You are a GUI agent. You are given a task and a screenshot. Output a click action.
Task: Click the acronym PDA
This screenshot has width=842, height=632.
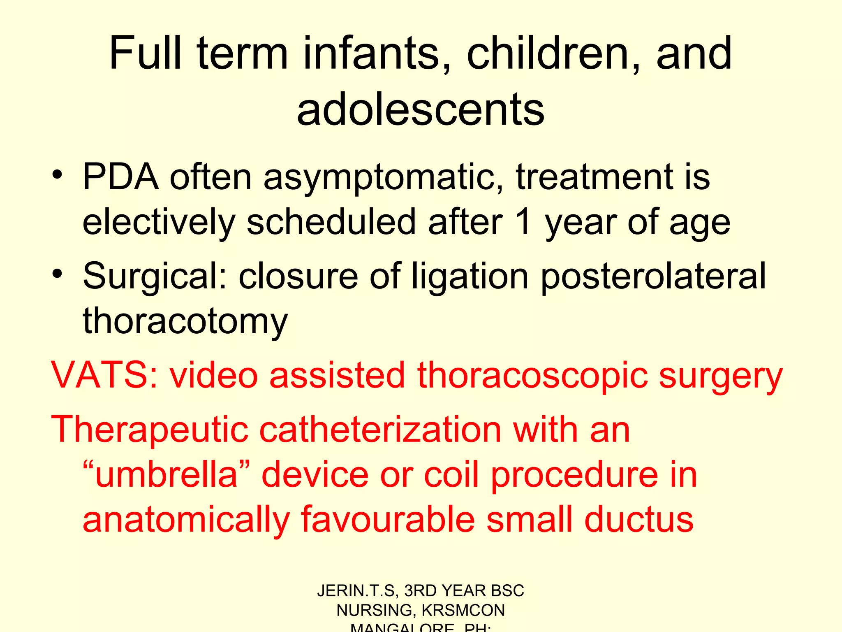coord(120,177)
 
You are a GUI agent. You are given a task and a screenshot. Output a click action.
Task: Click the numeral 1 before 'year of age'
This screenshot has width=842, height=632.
coord(523,222)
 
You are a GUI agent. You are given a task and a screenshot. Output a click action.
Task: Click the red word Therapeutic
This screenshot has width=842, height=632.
coord(150,430)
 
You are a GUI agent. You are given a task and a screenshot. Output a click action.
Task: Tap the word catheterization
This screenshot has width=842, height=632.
coord(380,430)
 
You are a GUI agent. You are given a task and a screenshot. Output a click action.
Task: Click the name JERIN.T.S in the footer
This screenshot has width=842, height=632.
coord(356,591)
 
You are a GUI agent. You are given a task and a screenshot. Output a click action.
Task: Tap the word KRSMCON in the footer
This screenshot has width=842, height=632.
coord(463,610)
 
